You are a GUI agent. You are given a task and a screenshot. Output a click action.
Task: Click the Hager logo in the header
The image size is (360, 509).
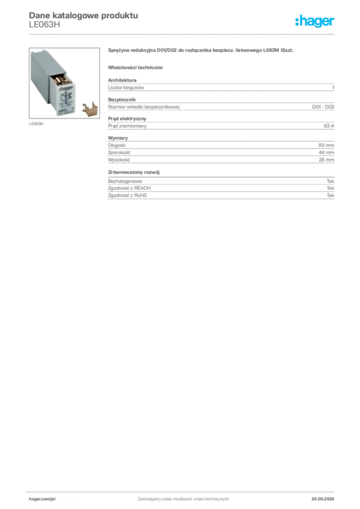[315, 21]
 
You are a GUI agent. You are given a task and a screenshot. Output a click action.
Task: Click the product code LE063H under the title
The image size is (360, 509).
[44, 25]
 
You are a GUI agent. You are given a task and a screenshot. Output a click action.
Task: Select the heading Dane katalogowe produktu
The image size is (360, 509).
[84, 15]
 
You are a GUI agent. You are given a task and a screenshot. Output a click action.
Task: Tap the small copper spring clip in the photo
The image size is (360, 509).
[90, 109]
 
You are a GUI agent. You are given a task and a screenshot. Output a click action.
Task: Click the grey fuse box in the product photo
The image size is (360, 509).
[53, 83]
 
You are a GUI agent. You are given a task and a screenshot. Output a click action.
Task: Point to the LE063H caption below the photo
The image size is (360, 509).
[36, 124]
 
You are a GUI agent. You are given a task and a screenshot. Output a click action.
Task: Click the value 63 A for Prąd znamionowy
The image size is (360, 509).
[329, 126]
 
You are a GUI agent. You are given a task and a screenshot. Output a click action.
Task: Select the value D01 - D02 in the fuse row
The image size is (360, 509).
[323, 107]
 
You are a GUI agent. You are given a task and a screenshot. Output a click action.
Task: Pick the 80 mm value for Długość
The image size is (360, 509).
[326, 146]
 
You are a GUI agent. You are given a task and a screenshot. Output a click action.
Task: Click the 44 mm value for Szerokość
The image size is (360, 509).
[326, 153]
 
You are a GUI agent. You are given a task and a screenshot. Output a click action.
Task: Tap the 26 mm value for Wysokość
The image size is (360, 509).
[326, 160]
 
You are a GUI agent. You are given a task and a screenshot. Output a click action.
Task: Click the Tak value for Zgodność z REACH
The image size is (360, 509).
[331, 188]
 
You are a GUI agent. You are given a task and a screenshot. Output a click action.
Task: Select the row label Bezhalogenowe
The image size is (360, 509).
[125, 181]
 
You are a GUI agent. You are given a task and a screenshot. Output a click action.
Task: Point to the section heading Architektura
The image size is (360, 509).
[122, 80]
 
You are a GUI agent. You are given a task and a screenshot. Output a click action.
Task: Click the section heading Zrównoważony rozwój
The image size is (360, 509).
[134, 172]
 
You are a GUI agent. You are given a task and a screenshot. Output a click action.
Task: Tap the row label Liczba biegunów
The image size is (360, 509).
[126, 87]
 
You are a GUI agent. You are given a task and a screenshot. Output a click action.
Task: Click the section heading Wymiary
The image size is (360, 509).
[118, 138]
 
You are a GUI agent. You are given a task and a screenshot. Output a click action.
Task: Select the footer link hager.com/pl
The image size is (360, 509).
[42, 499]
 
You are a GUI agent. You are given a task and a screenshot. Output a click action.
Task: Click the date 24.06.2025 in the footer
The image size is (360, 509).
[323, 499]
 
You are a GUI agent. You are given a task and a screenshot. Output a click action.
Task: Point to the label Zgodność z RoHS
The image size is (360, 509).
[127, 195]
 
